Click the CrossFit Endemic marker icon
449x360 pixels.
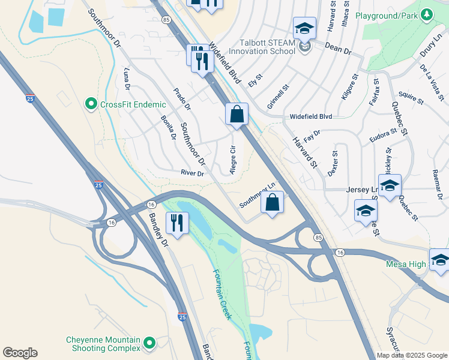pyautogui.click(x=91, y=104)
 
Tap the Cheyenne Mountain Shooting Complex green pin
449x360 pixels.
pyautogui.click(x=149, y=344)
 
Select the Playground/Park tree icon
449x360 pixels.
pyautogui.click(x=427, y=14)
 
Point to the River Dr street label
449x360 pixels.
pyautogui.click(x=193, y=173)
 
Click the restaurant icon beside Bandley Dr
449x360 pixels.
pyautogui.click(x=176, y=223)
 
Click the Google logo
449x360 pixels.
pyautogui.click(x=20, y=353)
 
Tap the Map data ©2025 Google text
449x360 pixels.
pyautogui.click(x=412, y=355)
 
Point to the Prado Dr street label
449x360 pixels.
pyautogui.click(x=181, y=100)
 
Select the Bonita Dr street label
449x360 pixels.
pyautogui.click(x=168, y=128)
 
